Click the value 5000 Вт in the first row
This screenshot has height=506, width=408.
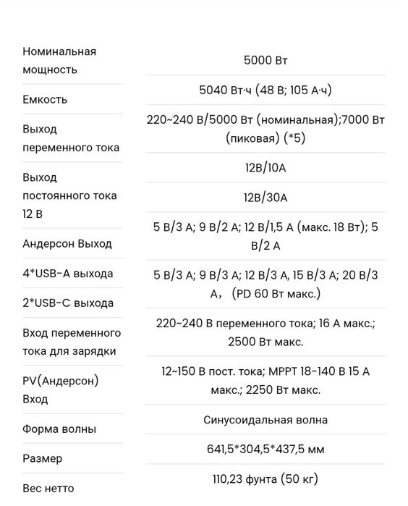click(265, 61)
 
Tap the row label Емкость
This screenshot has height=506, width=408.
click(45, 99)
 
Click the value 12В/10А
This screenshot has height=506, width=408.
click(265, 168)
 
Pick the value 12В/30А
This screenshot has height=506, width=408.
click(265, 198)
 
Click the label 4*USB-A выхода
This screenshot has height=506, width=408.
click(68, 274)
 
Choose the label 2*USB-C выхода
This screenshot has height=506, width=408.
click(68, 303)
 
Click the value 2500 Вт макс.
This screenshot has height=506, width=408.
click(265, 342)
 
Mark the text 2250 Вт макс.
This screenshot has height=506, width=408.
click(284, 390)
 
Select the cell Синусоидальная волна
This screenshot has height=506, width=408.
click(265, 420)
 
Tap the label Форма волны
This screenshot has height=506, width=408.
click(59, 429)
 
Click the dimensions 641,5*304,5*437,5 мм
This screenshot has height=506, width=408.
click(265, 450)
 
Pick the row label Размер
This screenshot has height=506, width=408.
click(43, 458)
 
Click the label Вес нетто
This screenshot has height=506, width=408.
click(48, 489)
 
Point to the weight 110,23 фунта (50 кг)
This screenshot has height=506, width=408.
click(265, 479)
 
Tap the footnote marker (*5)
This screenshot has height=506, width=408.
click(293, 138)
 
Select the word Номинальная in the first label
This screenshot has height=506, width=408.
click(59, 51)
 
